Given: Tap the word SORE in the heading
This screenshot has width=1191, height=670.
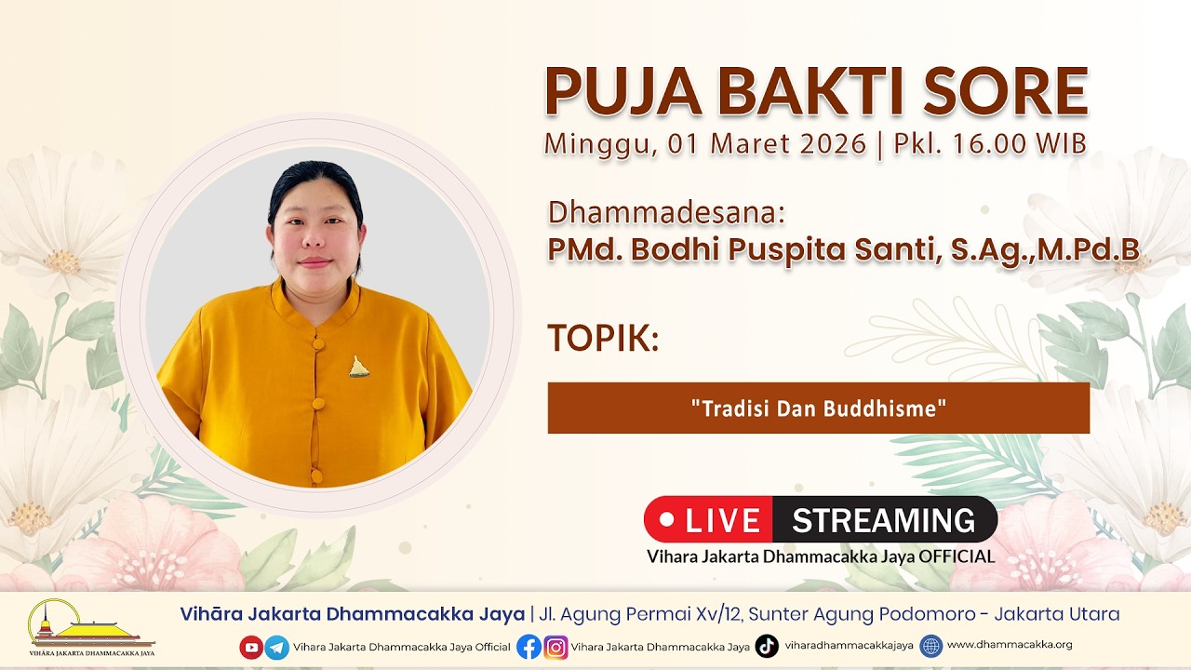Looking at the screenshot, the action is [x=1006, y=91].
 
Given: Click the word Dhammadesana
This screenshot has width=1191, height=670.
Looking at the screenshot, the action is [x=666, y=213].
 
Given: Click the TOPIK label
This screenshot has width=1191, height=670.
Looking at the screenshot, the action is [x=604, y=338].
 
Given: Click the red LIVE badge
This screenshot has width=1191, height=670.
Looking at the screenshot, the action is [x=708, y=519].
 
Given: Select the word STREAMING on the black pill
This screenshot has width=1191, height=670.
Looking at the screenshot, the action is [x=884, y=520].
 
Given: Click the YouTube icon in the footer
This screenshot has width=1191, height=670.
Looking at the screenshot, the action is [x=251, y=647].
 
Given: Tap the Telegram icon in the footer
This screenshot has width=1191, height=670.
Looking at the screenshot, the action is [x=277, y=647].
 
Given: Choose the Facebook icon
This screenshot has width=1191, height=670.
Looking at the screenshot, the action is [x=529, y=647].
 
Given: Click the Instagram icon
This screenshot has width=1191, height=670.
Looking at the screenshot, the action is [x=555, y=647].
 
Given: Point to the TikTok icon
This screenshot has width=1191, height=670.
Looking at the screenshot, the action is [x=767, y=646].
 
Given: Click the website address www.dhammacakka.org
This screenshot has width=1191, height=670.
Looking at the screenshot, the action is [x=1010, y=645].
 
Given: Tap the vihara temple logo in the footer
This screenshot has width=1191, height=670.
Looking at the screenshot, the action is [x=91, y=627].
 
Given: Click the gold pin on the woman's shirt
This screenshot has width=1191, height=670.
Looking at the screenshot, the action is [x=359, y=367].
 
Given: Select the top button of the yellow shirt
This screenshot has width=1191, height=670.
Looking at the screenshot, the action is [x=318, y=343].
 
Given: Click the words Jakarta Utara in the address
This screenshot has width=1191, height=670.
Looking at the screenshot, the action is [x=1057, y=614].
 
